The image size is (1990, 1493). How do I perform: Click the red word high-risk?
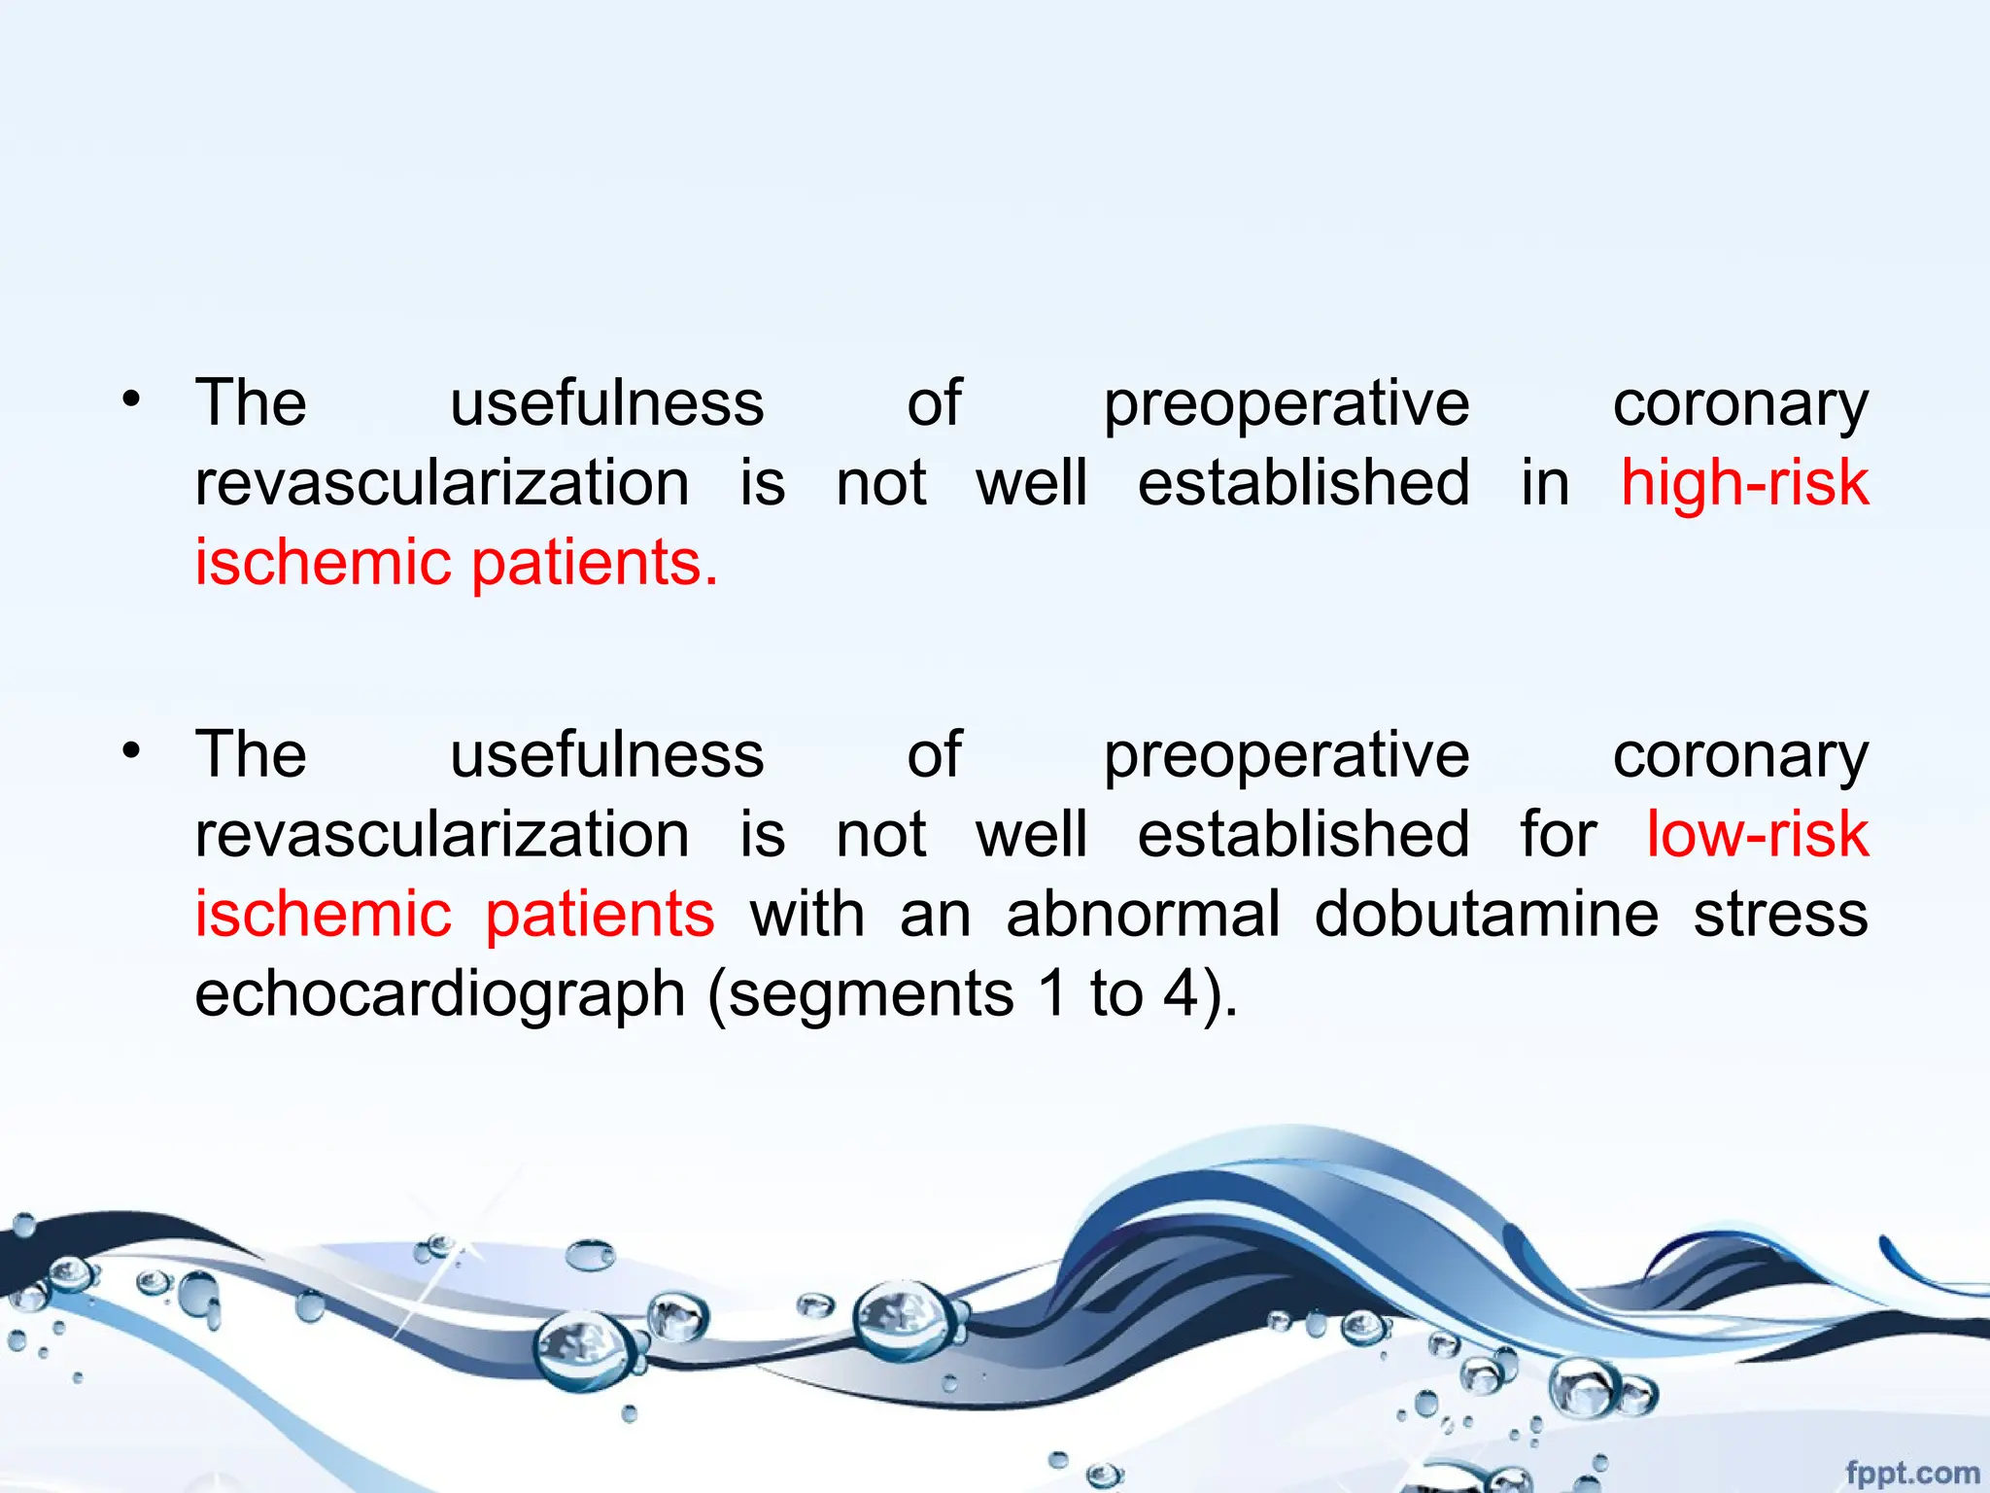pyautogui.click(x=1744, y=483)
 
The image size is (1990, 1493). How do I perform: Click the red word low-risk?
pyautogui.click(x=1757, y=835)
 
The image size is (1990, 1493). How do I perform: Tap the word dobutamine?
pyautogui.click(x=1486, y=915)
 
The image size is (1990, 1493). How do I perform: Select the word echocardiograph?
pyautogui.click(x=440, y=995)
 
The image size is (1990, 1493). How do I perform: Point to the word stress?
pyautogui.click(x=1780, y=915)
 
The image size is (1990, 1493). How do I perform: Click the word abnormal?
pyautogui.click(x=1143, y=915)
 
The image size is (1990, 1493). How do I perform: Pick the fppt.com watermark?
pyautogui.click(x=1911, y=1473)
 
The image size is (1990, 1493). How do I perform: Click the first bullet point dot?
pyautogui.click(x=132, y=399)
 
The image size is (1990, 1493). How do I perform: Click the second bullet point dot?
pyautogui.click(x=132, y=750)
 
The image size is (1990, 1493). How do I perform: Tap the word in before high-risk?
pyautogui.click(x=1545, y=483)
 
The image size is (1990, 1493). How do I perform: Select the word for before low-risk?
pyautogui.click(x=1559, y=835)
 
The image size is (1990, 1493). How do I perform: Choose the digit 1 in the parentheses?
pyautogui.click(x=1052, y=995)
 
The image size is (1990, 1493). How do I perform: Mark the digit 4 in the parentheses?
pyautogui.click(x=1181, y=995)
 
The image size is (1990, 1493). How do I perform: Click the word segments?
pyautogui.click(x=871, y=995)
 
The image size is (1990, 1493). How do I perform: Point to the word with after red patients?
pyautogui.click(x=806, y=915)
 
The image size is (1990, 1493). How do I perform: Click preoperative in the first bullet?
pyautogui.click(x=1287, y=403)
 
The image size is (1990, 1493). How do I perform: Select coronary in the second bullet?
pyautogui.click(x=1740, y=756)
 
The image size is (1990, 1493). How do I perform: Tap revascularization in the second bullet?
pyautogui.click(x=442, y=835)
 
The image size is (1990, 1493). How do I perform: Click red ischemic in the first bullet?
pyautogui.click(x=323, y=563)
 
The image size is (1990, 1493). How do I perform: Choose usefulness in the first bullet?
pyautogui.click(x=607, y=403)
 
